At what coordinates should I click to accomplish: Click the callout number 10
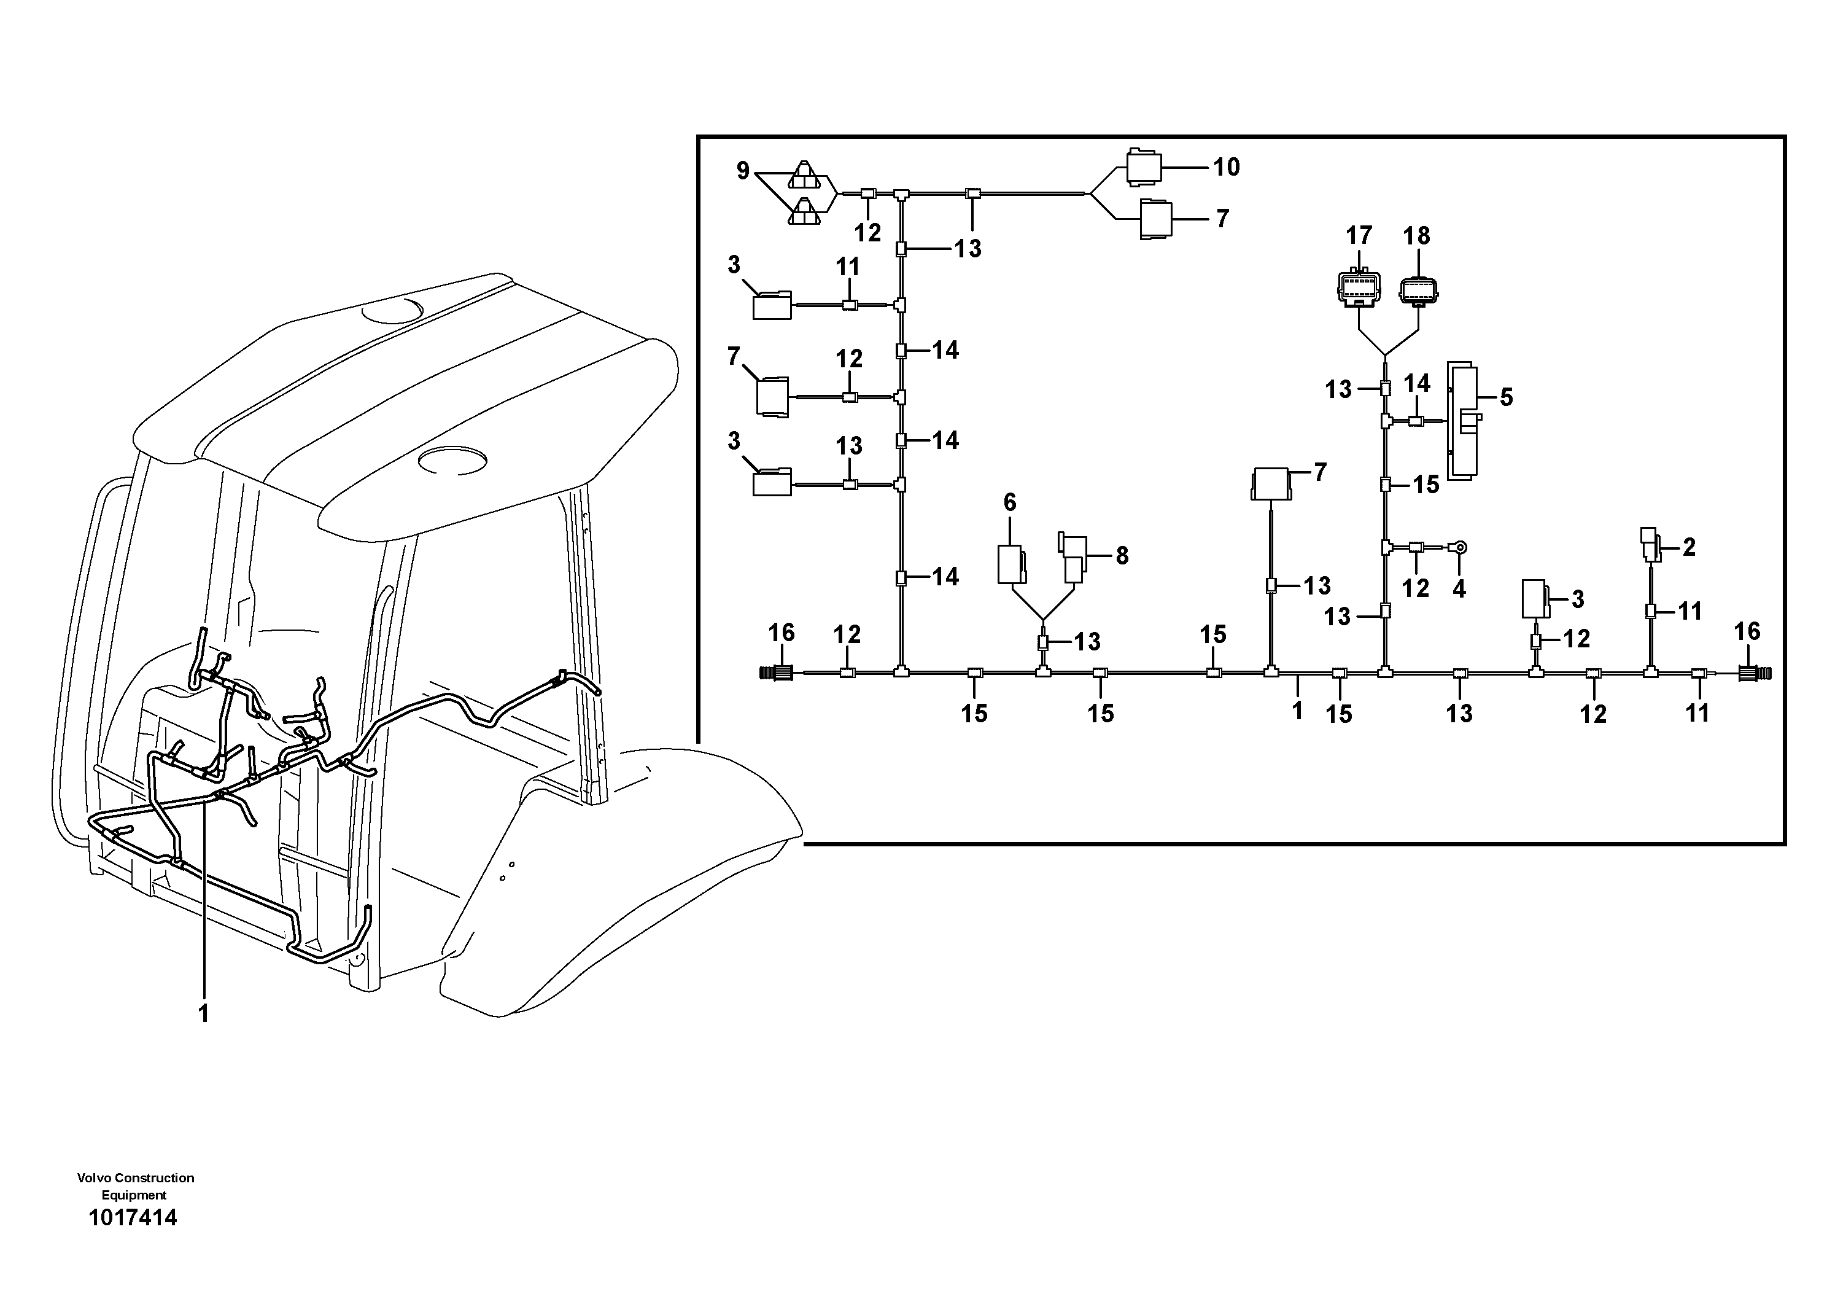pyautogui.click(x=1226, y=167)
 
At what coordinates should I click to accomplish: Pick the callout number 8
pyautogui.click(x=1122, y=556)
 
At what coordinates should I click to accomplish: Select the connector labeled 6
pyautogui.click(x=1011, y=564)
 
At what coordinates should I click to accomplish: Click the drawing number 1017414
pyautogui.click(x=133, y=1218)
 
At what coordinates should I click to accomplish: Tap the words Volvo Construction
pyautogui.click(x=135, y=1178)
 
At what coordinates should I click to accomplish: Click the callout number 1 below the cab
pyautogui.click(x=204, y=1013)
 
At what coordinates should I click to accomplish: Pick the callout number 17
pyautogui.click(x=1359, y=236)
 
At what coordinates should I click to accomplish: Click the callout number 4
pyautogui.click(x=1459, y=589)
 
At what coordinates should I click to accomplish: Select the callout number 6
pyautogui.click(x=1010, y=502)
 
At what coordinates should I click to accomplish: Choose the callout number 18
pyautogui.click(x=1416, y=236)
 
